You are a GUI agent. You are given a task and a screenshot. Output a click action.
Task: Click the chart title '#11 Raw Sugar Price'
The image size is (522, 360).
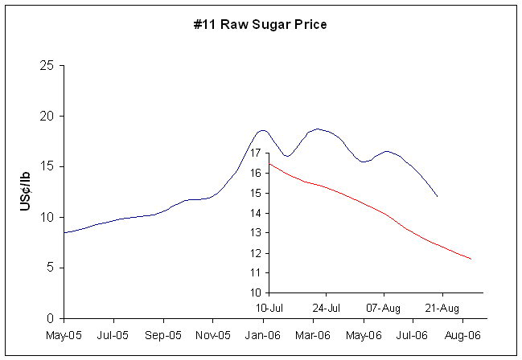261,24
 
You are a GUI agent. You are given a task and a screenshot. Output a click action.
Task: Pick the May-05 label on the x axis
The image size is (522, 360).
64,334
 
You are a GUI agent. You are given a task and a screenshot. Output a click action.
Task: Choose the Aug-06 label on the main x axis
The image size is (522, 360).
463,334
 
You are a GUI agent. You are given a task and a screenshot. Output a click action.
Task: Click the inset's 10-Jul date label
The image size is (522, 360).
271,308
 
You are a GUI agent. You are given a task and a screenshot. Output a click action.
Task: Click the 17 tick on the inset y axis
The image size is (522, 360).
257,153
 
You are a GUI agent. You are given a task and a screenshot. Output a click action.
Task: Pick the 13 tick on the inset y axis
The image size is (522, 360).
257,233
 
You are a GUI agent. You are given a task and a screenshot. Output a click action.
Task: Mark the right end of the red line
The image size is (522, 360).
471,259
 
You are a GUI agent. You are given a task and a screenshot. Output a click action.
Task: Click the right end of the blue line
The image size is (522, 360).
437,196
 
